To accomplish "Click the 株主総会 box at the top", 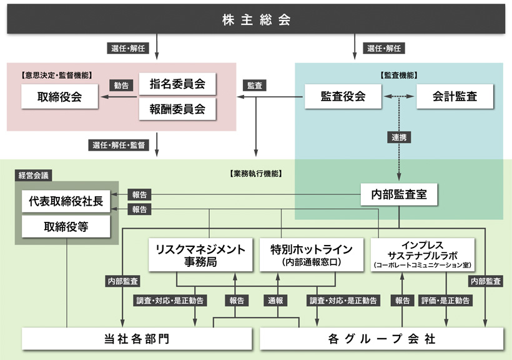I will [x=256, y=19].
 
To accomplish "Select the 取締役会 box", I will [x=59, y=96].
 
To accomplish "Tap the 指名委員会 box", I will [x=177, y=84].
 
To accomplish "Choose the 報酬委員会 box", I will [x=177, y=109].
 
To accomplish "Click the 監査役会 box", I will [x=343, y=96].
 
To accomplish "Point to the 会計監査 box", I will [x=455, y=96].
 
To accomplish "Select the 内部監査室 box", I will [x=399, y=194].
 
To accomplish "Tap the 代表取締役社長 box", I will [x=66, y=201].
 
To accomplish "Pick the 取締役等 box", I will [x=66, y=226].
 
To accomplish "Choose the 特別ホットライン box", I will [x=310, y=254].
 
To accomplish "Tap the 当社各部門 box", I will [x=136, y=339].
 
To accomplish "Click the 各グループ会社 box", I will [x=381, y=339].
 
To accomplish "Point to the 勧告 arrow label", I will [x=121, y=86].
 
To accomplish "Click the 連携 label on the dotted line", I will [x=399, y=137].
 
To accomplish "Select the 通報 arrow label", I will [x=276, y=301].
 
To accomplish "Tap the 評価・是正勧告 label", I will [x=446, y=301].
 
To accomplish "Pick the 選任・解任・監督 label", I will [x=119, y=146].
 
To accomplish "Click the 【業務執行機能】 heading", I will [x=256, y=174].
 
